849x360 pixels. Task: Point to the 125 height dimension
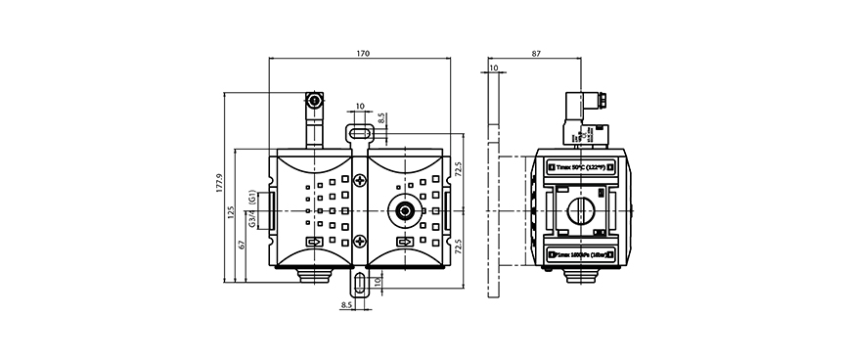coord(231,211)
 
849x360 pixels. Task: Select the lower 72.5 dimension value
coord(457,244)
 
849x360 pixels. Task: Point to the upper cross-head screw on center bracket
coord(360,181)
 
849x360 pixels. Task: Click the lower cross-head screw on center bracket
coord(360,242)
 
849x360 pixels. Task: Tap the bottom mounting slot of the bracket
coord(360,284)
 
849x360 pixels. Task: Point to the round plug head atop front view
coord(314,101)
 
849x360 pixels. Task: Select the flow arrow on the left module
coord(313,242)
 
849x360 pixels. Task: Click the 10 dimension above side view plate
coord(494,68)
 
